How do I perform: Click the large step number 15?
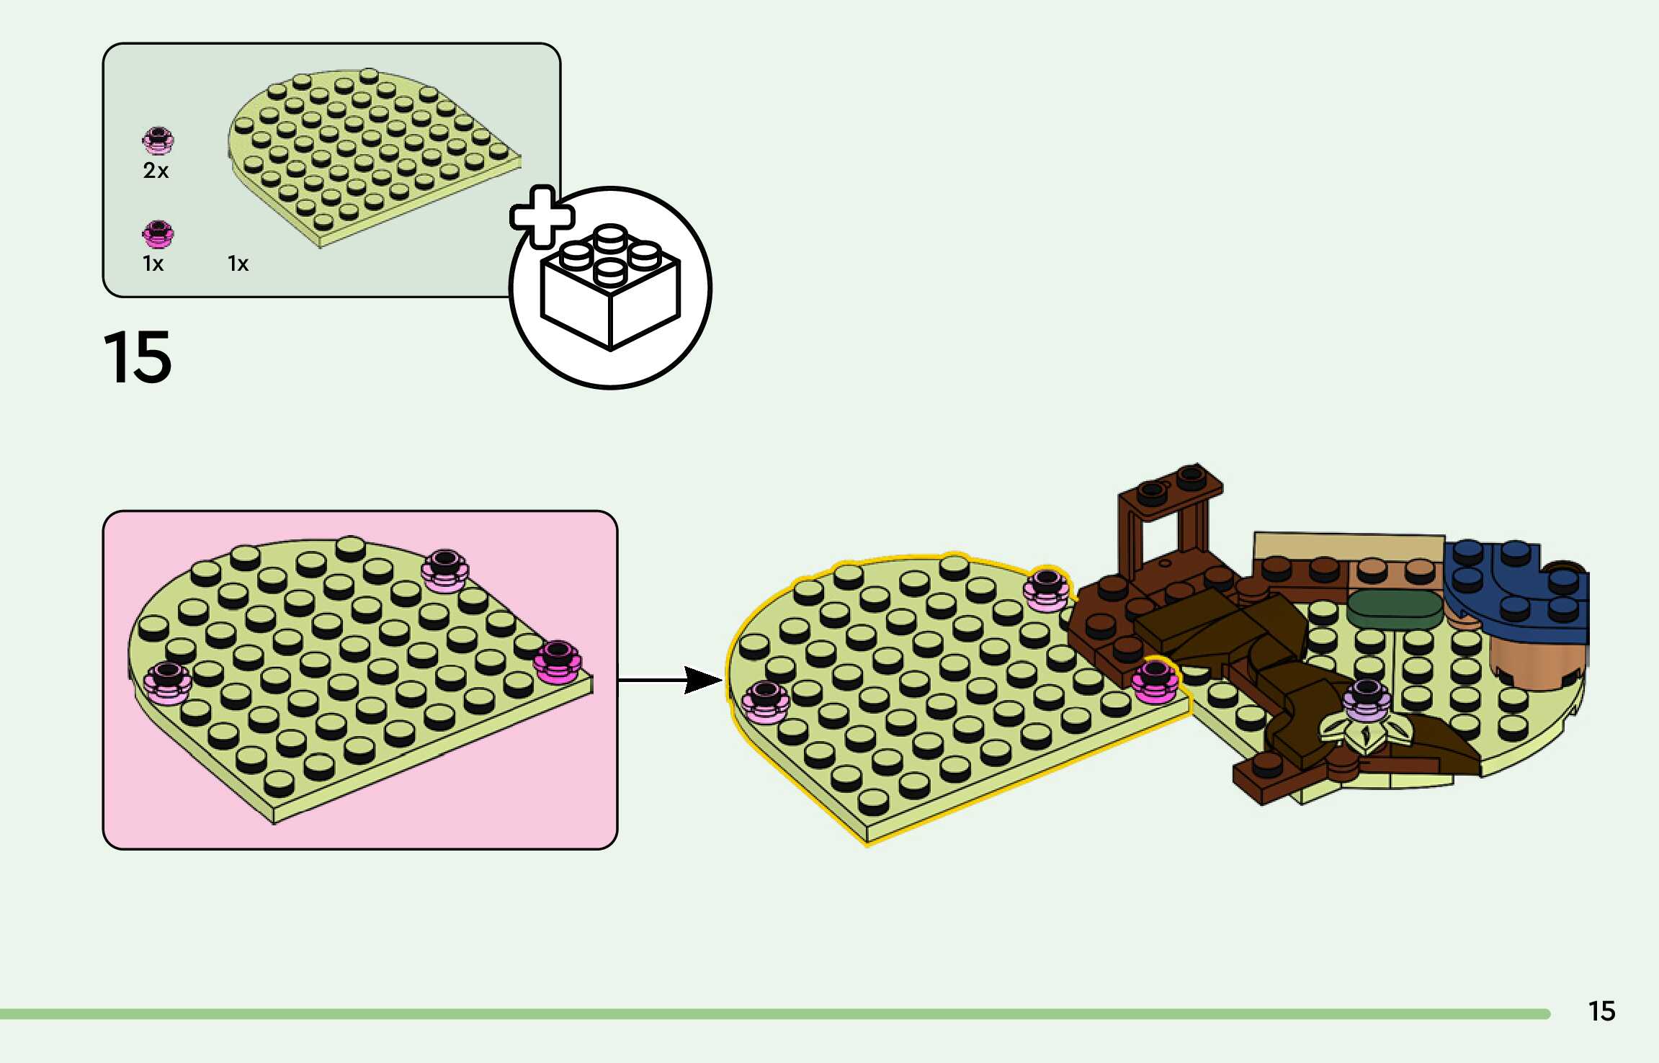(x=138, y=357)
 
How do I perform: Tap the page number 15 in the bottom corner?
(x=1601, y=1011)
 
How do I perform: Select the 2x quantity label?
(x=156, y=171)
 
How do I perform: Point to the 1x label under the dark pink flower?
(x=153, y=264)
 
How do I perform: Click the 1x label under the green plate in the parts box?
(x=238, y=264)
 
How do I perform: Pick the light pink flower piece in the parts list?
(x=158, y=140)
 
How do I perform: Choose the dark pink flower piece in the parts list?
(x=158, y=233)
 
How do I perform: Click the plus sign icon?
(x=542, y=216)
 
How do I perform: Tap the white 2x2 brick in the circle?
(x=611, y=288)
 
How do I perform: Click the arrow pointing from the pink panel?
(x=670, y=680)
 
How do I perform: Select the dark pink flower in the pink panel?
(x=557, y=661)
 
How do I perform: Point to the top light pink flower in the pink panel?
(x=444, y=570)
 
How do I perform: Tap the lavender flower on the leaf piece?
(x=1367, y=699)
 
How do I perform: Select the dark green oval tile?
(x=1395, y=609)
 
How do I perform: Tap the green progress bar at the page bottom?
(x=774, y=1014)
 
